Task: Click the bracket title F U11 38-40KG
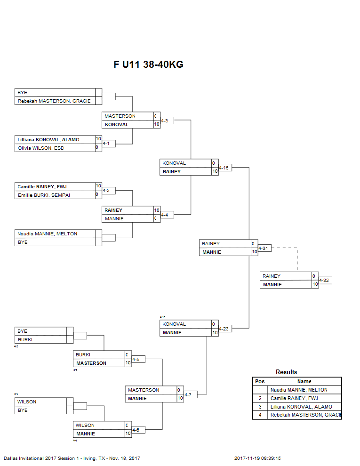click(148, 64)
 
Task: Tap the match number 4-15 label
click(224, 168)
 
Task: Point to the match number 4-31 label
click(264, 249)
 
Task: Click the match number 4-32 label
click(325, 281)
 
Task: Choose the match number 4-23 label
click(224, 329)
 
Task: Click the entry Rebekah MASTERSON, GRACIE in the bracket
click(54, 101)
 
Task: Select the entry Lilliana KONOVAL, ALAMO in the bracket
click(48, 140)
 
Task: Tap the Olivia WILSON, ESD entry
click(40, 148)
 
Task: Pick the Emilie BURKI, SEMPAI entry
click(44, 195)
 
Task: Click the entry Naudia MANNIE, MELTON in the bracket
click(47, 234)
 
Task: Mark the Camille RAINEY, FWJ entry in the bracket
click(42, 187)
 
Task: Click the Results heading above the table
click(286, 372)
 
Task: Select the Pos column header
click(260, 381)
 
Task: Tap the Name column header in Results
click(304, 381)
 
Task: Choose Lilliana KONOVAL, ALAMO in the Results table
click(301, 407)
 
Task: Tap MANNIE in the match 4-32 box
click(272, 285)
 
